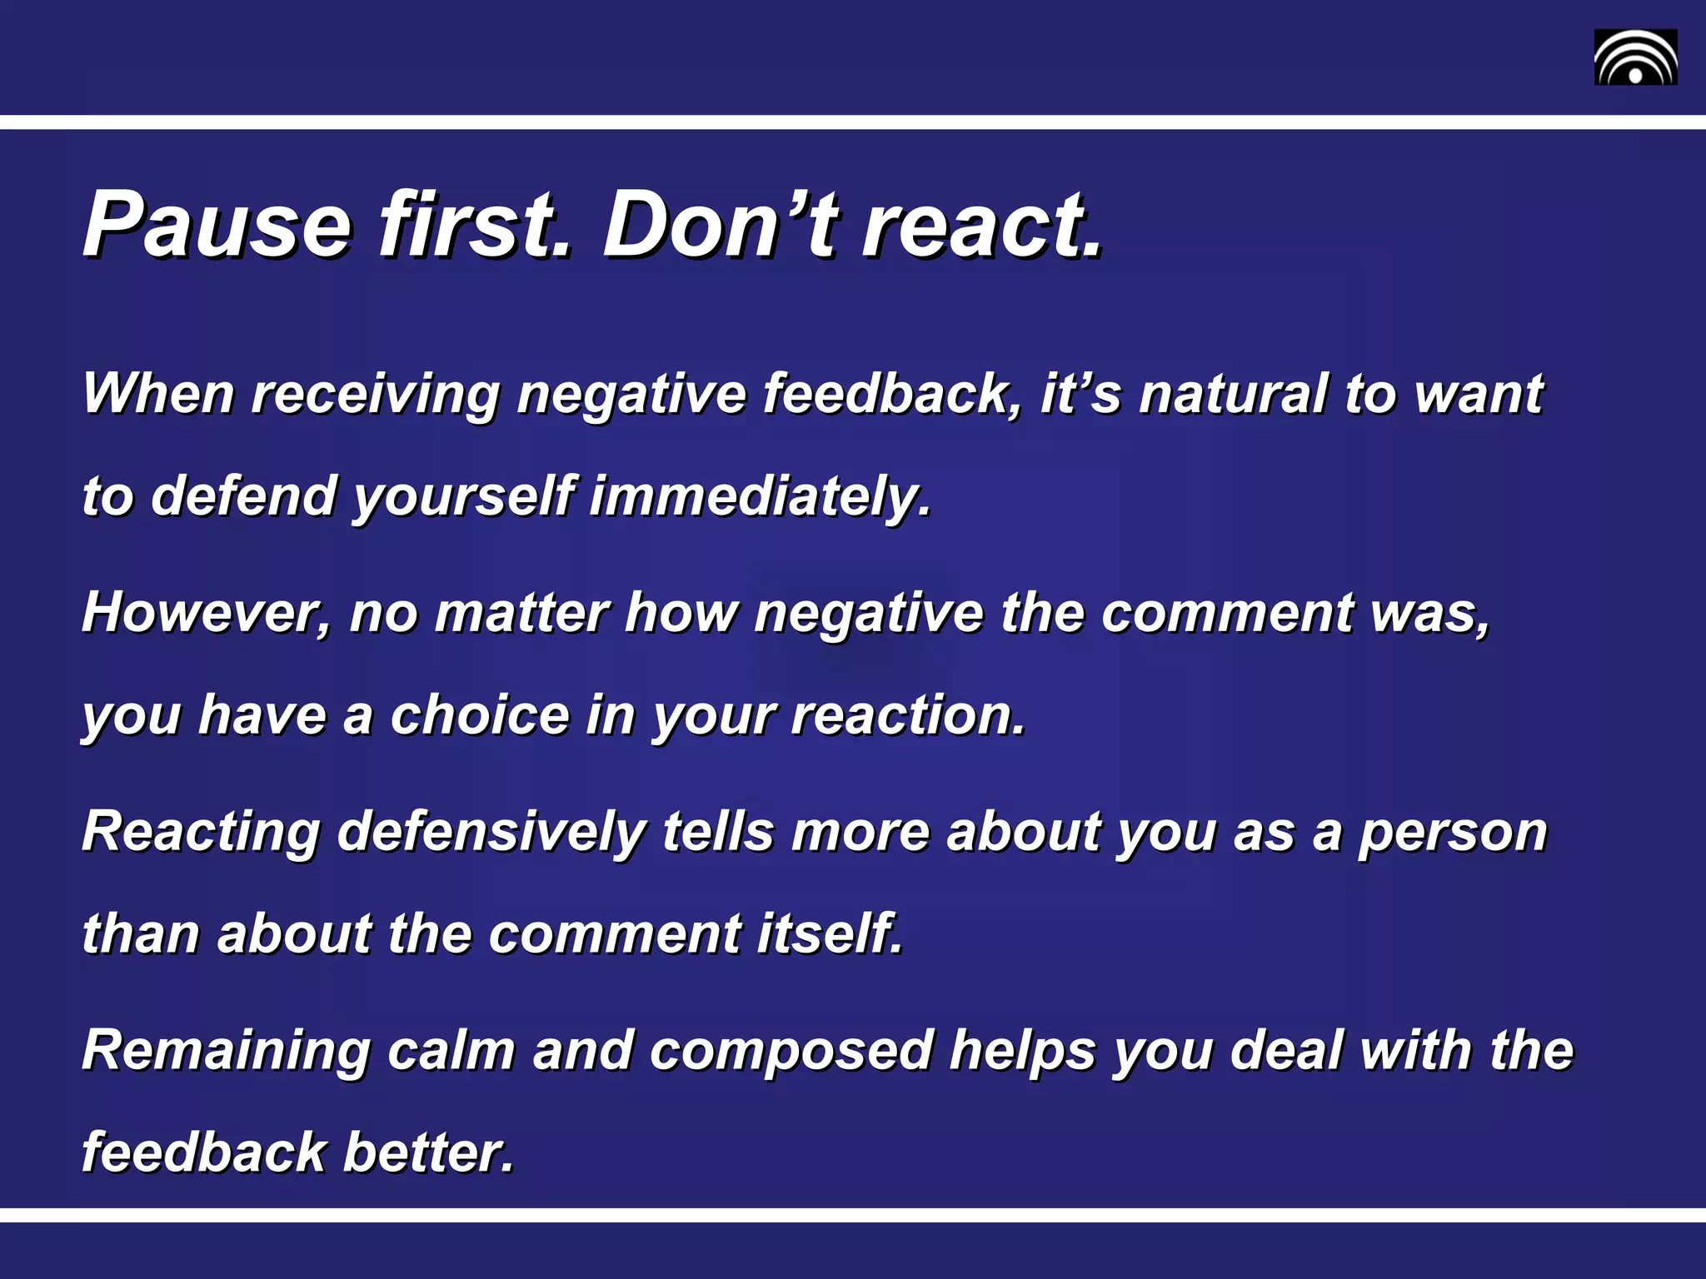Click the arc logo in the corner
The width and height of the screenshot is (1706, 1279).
(1635, 57)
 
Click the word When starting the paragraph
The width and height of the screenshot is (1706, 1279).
(158, 393)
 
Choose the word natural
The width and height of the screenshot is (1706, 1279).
(1233, 393)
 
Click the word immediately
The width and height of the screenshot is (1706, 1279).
(759, 496)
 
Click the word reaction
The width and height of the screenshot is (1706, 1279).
(907, 715)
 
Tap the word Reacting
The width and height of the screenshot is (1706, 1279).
(201, 833)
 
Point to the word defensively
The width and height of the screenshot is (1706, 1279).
(491, 833)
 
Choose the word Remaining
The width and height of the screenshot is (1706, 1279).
(226, 1052)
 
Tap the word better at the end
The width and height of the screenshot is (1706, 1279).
(428, 1152)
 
